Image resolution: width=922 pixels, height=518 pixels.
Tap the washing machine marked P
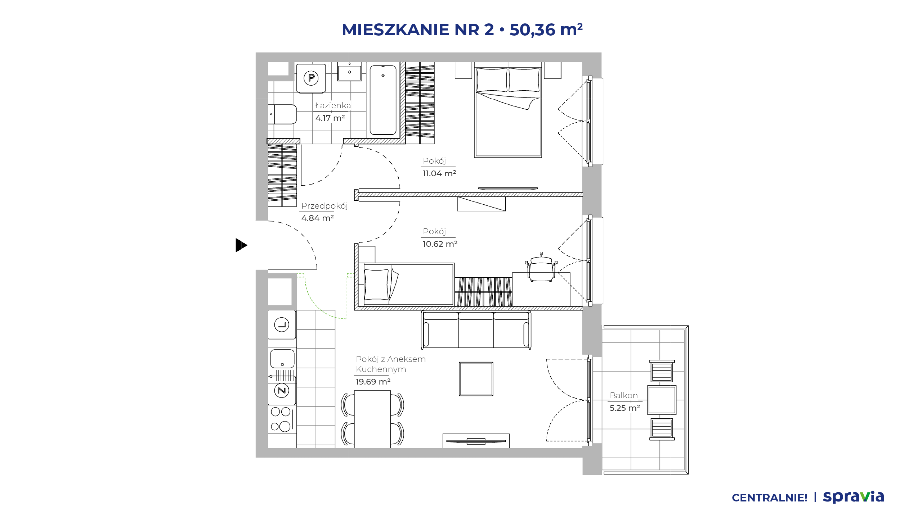pyautogui.click(x=311, y=78)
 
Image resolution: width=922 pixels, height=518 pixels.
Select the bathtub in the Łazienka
pyautogui.click(x=383, y=100)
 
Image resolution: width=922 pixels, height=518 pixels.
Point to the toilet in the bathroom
pyautogui.click(x=282, y=114)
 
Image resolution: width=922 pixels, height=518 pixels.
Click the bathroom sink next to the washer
pyautogui.click(x=349, y=72)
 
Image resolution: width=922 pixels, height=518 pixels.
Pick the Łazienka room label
pyautogui.click(x=333, y=105)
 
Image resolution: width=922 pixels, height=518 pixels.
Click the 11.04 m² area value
pyautogui.click(x=439, y=173)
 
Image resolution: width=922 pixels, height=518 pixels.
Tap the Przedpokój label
pyautogui.click(x=325, y=206)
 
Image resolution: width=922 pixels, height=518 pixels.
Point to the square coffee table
pyautogui.click(x=476, y=379)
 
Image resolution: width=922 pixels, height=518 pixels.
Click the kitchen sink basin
pyautogui.click(x=282, y=359)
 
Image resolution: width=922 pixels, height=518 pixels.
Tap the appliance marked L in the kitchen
pyautogui.click(x=282, y=325)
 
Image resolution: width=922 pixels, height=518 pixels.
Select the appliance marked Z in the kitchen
pyautogui.click(x=282, y=391)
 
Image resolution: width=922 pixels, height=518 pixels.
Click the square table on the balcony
pyautogui.click(x=662, y=400)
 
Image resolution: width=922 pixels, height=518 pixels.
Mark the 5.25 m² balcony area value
pyautogui.click(x=625, y=408)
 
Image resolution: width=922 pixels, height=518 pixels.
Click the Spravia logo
pyautogui.click(x=854, y=497)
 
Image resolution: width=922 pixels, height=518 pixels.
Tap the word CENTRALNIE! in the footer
pyautogui.click(x=770, y=498)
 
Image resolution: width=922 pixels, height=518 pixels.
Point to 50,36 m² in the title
pyautogui.click(x=546, y=29)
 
